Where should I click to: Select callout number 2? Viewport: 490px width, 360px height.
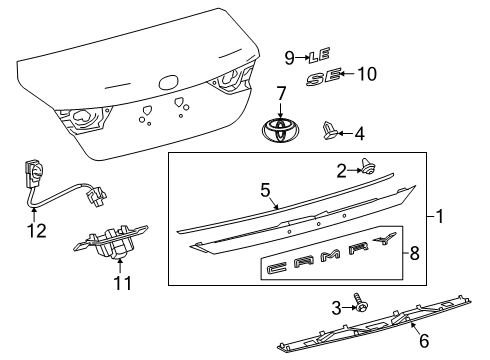click(x=341, y=170)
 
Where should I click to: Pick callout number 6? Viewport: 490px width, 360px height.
click(x=423, y=341)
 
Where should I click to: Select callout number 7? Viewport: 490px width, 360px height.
click(x=281, y=93)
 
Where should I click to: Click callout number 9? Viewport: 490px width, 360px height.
click(x=289, y=56)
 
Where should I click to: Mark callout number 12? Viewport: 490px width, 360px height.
click(x=36, y=231)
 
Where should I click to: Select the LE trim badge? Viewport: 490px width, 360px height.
click(x=317, y=56)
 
